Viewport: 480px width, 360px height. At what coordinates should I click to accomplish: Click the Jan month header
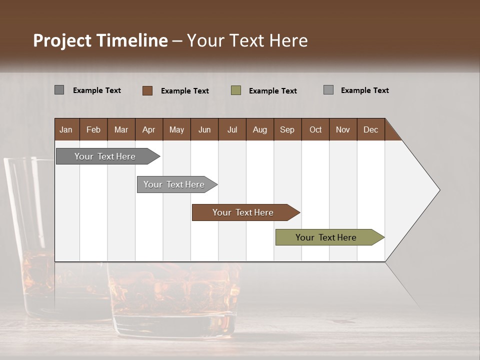(x=66, y=129)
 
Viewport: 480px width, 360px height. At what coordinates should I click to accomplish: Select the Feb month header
(x=93, y=129)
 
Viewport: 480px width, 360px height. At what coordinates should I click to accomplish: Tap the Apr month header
(x=148, y=129)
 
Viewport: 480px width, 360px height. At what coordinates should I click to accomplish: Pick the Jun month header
(x=204, y=129)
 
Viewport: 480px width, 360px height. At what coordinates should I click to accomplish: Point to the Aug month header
(x=259, y=129)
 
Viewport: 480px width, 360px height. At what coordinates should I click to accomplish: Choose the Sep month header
(x=287, y=129)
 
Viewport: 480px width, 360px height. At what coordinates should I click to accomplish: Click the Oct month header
(x=315, y=129)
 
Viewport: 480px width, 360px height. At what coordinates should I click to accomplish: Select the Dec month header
(x=370, y=129)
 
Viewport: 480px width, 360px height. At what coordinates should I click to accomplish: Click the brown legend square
(x=147, y=90)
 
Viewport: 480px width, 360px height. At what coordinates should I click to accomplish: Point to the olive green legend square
(x=236, y=90)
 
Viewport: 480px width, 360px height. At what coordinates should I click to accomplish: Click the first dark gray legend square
(x=59, y=90)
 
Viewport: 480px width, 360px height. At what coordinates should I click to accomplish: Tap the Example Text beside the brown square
(x=185, y=91)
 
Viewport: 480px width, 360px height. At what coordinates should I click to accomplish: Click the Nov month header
(x=343, y=129)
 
